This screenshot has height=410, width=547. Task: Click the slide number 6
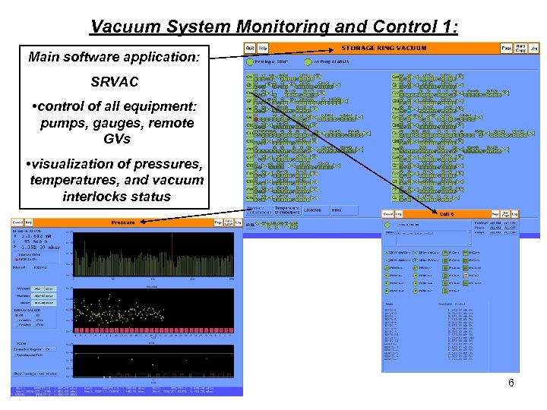(511, 383)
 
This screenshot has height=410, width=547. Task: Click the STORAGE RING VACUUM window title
(384, 47)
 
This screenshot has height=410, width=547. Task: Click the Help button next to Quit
(262, 47)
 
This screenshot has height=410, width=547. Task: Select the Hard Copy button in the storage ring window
(520, 47)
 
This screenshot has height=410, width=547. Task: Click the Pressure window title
(123, 222)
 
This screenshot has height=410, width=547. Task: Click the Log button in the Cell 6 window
(514, 214)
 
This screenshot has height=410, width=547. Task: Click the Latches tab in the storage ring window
(313, 210)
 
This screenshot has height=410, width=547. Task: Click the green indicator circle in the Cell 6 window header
(388, 225)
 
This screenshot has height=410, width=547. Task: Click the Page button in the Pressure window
(217, 222)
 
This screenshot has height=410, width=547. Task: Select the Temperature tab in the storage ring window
(286, 210)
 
